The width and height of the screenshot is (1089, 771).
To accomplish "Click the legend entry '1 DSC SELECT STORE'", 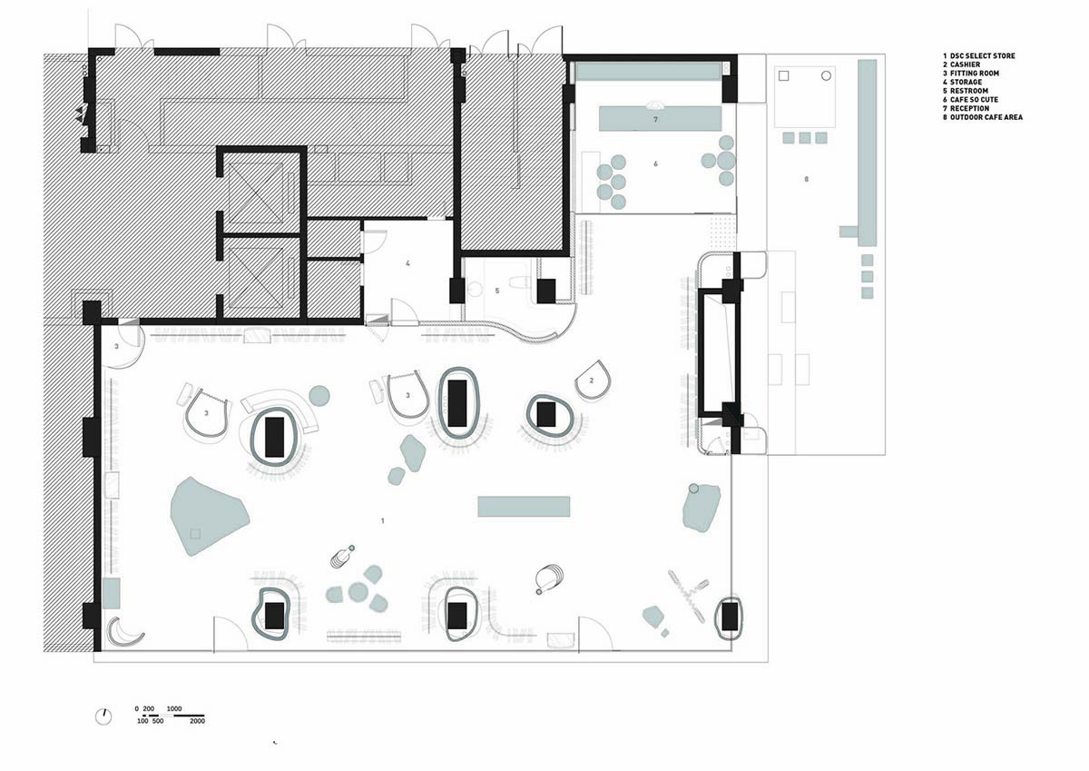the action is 978,56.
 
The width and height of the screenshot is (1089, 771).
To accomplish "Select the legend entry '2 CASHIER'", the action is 962,64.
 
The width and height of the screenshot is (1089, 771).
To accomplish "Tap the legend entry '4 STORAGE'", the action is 961,83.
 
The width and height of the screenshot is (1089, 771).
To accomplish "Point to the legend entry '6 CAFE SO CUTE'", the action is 970,100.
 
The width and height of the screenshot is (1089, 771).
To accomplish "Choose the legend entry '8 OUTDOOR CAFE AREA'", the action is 983,117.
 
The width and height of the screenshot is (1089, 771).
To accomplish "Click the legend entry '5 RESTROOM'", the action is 966,91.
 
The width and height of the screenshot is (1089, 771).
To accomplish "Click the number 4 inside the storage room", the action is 407,263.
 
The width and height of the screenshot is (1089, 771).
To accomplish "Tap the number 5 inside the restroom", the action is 497,291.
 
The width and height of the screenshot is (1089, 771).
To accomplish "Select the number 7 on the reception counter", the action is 655,119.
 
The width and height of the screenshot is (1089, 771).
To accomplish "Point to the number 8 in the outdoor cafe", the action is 806,179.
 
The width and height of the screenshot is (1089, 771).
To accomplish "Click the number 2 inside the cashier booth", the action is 592,381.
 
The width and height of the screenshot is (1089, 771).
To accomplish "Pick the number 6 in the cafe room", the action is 655,164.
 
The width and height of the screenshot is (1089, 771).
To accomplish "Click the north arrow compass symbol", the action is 103,717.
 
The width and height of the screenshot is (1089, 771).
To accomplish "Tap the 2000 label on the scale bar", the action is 197,721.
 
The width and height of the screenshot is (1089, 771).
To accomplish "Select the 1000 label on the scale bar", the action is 174,708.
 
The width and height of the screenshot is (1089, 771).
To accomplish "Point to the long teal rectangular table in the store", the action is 524,507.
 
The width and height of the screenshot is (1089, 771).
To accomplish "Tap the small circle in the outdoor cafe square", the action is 826,76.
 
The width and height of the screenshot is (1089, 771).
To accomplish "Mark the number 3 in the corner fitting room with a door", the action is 116,347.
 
